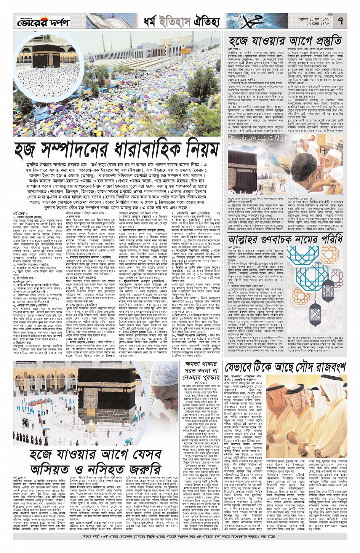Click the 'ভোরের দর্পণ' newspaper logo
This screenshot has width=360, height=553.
pos(43,22)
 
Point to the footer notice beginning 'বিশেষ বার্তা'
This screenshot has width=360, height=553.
pos(180,537)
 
